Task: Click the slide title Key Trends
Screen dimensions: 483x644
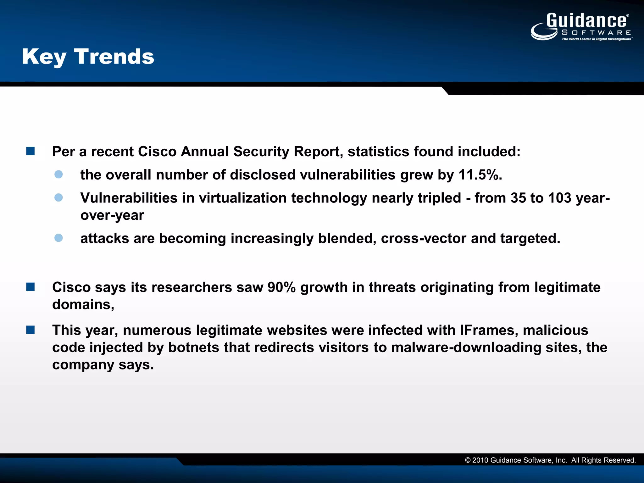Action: click(x=88, y=57)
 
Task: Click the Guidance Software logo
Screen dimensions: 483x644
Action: click(x=581, y=26)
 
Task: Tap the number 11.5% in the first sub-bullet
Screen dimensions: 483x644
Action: click(x=480, y=175)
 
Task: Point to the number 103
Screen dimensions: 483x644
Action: click(x=559, y=198)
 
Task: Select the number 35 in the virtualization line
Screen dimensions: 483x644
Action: click(x=518, y=198)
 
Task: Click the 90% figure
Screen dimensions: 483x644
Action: click(x=281, y=287)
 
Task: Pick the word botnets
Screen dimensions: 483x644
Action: click(x=193, y=347)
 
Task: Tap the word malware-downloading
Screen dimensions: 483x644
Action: click(x=466, y=347)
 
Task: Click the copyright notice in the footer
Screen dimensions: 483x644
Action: click(x=550, y=460)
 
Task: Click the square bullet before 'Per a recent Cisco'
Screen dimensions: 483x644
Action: click(x=31, y=151)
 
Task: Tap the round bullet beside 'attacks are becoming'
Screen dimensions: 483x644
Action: click(x=58, y=238)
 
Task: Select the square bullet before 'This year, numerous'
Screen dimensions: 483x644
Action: click(x=31, y=330)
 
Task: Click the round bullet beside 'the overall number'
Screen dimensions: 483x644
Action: click(x=58, y=174)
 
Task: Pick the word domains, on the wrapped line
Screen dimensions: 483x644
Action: click(x=83, y=304)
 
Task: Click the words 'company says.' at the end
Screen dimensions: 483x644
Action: click(x=103, y=365)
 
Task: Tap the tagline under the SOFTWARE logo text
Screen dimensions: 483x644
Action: click(x=596, y=39)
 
